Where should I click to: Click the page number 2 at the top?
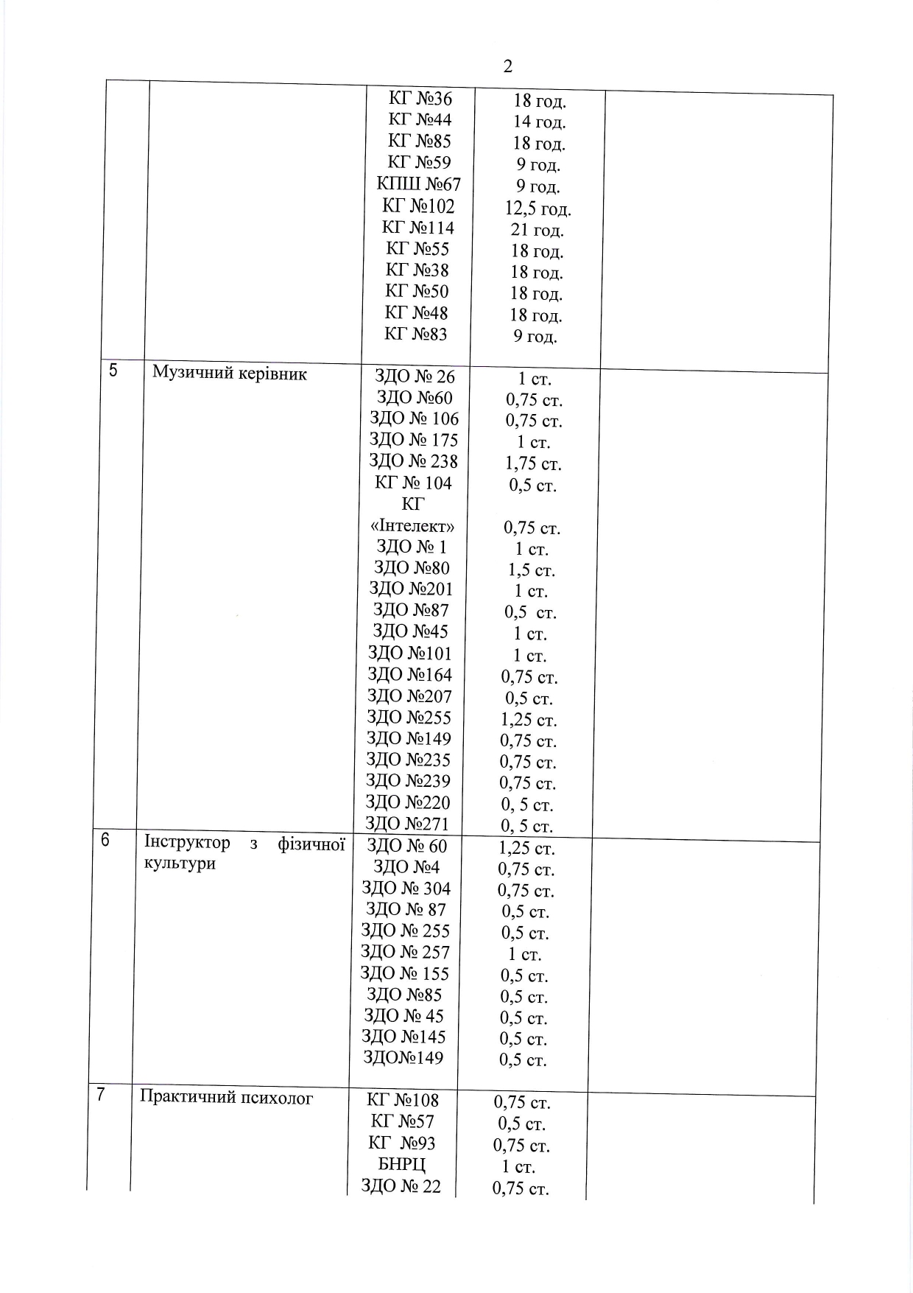click(508, 66)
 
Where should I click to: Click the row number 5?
click(113, 371)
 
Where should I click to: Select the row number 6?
click(105, 840)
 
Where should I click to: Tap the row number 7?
click(100, 1095)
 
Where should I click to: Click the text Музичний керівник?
click(230, 373)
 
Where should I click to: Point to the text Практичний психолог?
click(227, 1098)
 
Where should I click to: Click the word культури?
click(180, 863)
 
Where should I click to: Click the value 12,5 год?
click(537, 209)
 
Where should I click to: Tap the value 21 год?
click(537, 231)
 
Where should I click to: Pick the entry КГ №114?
click(418, 228)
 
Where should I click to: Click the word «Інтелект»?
click(412, 526)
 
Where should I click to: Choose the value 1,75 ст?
click(533, 464)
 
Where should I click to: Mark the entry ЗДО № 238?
click(414, 461)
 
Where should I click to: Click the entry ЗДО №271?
click(408, 823)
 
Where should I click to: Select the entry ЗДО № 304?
click(406, 889)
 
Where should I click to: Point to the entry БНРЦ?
click(402, 1165)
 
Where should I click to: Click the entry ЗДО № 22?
click(401, 1186)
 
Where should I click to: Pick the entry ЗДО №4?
click(406, 867)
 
